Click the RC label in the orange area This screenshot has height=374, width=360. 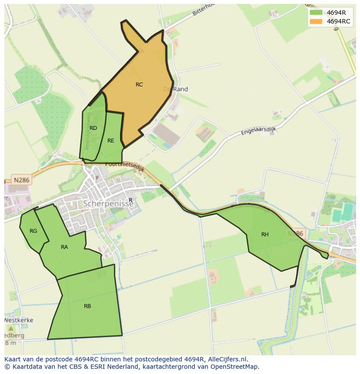pos(139,85)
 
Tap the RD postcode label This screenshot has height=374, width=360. pos(93,128)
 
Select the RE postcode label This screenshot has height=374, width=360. pos(111,141)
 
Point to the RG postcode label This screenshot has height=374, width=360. pos(33,231)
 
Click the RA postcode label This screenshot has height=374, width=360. pos(64,247)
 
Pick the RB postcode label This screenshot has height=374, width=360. pos(87,306)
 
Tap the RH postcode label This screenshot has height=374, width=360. pos(265,235)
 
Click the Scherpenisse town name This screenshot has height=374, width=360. pos(108,203)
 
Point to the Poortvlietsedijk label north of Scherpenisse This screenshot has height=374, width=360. pos(124,165)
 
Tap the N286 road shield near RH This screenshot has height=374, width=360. pos(295,234)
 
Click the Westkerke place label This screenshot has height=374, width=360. pos(19,320)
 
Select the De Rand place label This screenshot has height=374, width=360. pos(176,89)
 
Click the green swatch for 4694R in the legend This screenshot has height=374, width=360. pos(316,13)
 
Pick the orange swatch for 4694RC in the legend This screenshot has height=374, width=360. pos(316,21)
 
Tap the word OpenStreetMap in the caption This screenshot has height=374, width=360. pos(235,367)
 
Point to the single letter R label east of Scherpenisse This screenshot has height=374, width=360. pos(130,200)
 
